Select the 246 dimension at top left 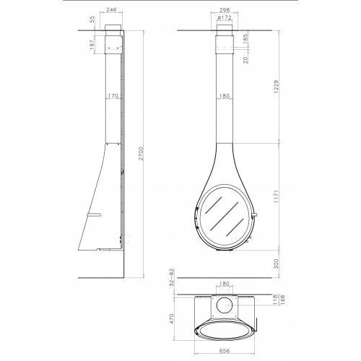111,9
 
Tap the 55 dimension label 92,19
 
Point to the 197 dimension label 92,45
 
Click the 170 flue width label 113,96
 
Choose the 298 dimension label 225,10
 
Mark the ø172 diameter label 224,17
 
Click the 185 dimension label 245,39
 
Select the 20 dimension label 245,60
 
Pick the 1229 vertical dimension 277,87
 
